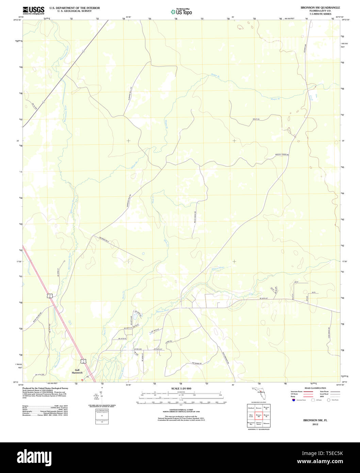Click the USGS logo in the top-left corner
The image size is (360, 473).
[33, 10]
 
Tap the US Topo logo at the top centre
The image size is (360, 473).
[181, 12]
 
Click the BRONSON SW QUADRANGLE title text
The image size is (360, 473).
[315, 7]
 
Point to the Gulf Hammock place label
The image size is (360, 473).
[77, 371]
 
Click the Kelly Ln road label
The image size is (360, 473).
[256, 119]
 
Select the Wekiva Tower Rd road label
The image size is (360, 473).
[282, 154]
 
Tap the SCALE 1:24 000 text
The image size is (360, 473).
[181, 389]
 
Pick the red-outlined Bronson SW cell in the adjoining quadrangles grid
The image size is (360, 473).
[259, 415]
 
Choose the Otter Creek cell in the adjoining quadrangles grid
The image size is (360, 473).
[251, 415]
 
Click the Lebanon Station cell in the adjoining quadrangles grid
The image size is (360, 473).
[259, 424]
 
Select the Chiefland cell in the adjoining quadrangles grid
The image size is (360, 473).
[251, 408]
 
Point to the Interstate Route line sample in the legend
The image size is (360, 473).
[308, 391]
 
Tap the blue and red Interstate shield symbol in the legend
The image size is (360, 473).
[293, 400]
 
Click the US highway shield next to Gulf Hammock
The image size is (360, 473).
[83, 360]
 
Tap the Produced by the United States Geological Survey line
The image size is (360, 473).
[45, 388]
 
